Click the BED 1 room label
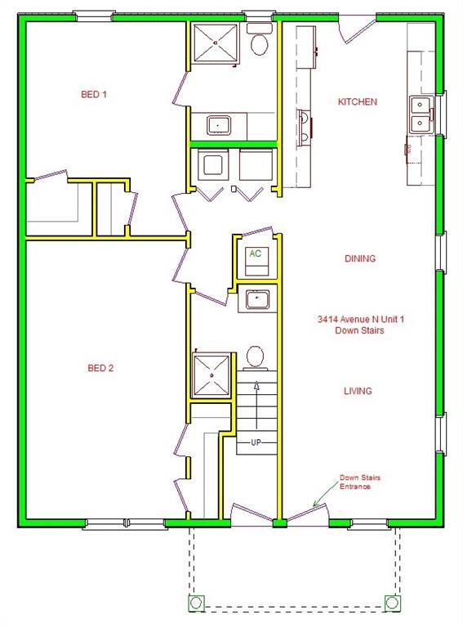click(x=94, y=95)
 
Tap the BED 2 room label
click(x=100, y=368)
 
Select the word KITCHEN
click(x=358, y=102)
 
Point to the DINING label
click(x=359, y=258)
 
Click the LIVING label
click(x=358, y=391)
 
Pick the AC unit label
click(x=256, y=253)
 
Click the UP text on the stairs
click(x=256, y=442)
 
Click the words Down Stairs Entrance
click(x=355, y=482)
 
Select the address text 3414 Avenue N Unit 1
click(x=361, y=320)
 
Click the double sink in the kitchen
click(x=420, y=114)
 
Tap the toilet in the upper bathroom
click(x=260, y=42)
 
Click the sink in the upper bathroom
click(x=219, y=125)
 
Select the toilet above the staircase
click(x=255, y=357)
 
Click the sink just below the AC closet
click(x=258, y=300)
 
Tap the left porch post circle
click(x=197, y=603)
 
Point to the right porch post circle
click(x=393, y=603)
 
